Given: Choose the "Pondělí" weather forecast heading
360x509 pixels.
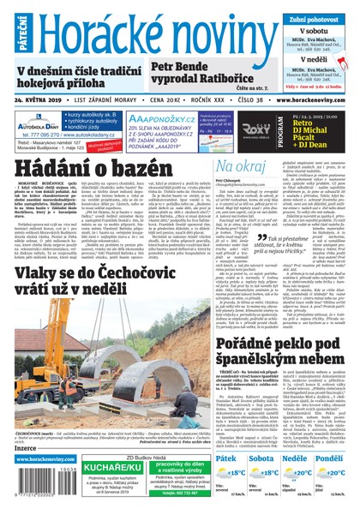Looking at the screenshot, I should click(336, 460).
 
